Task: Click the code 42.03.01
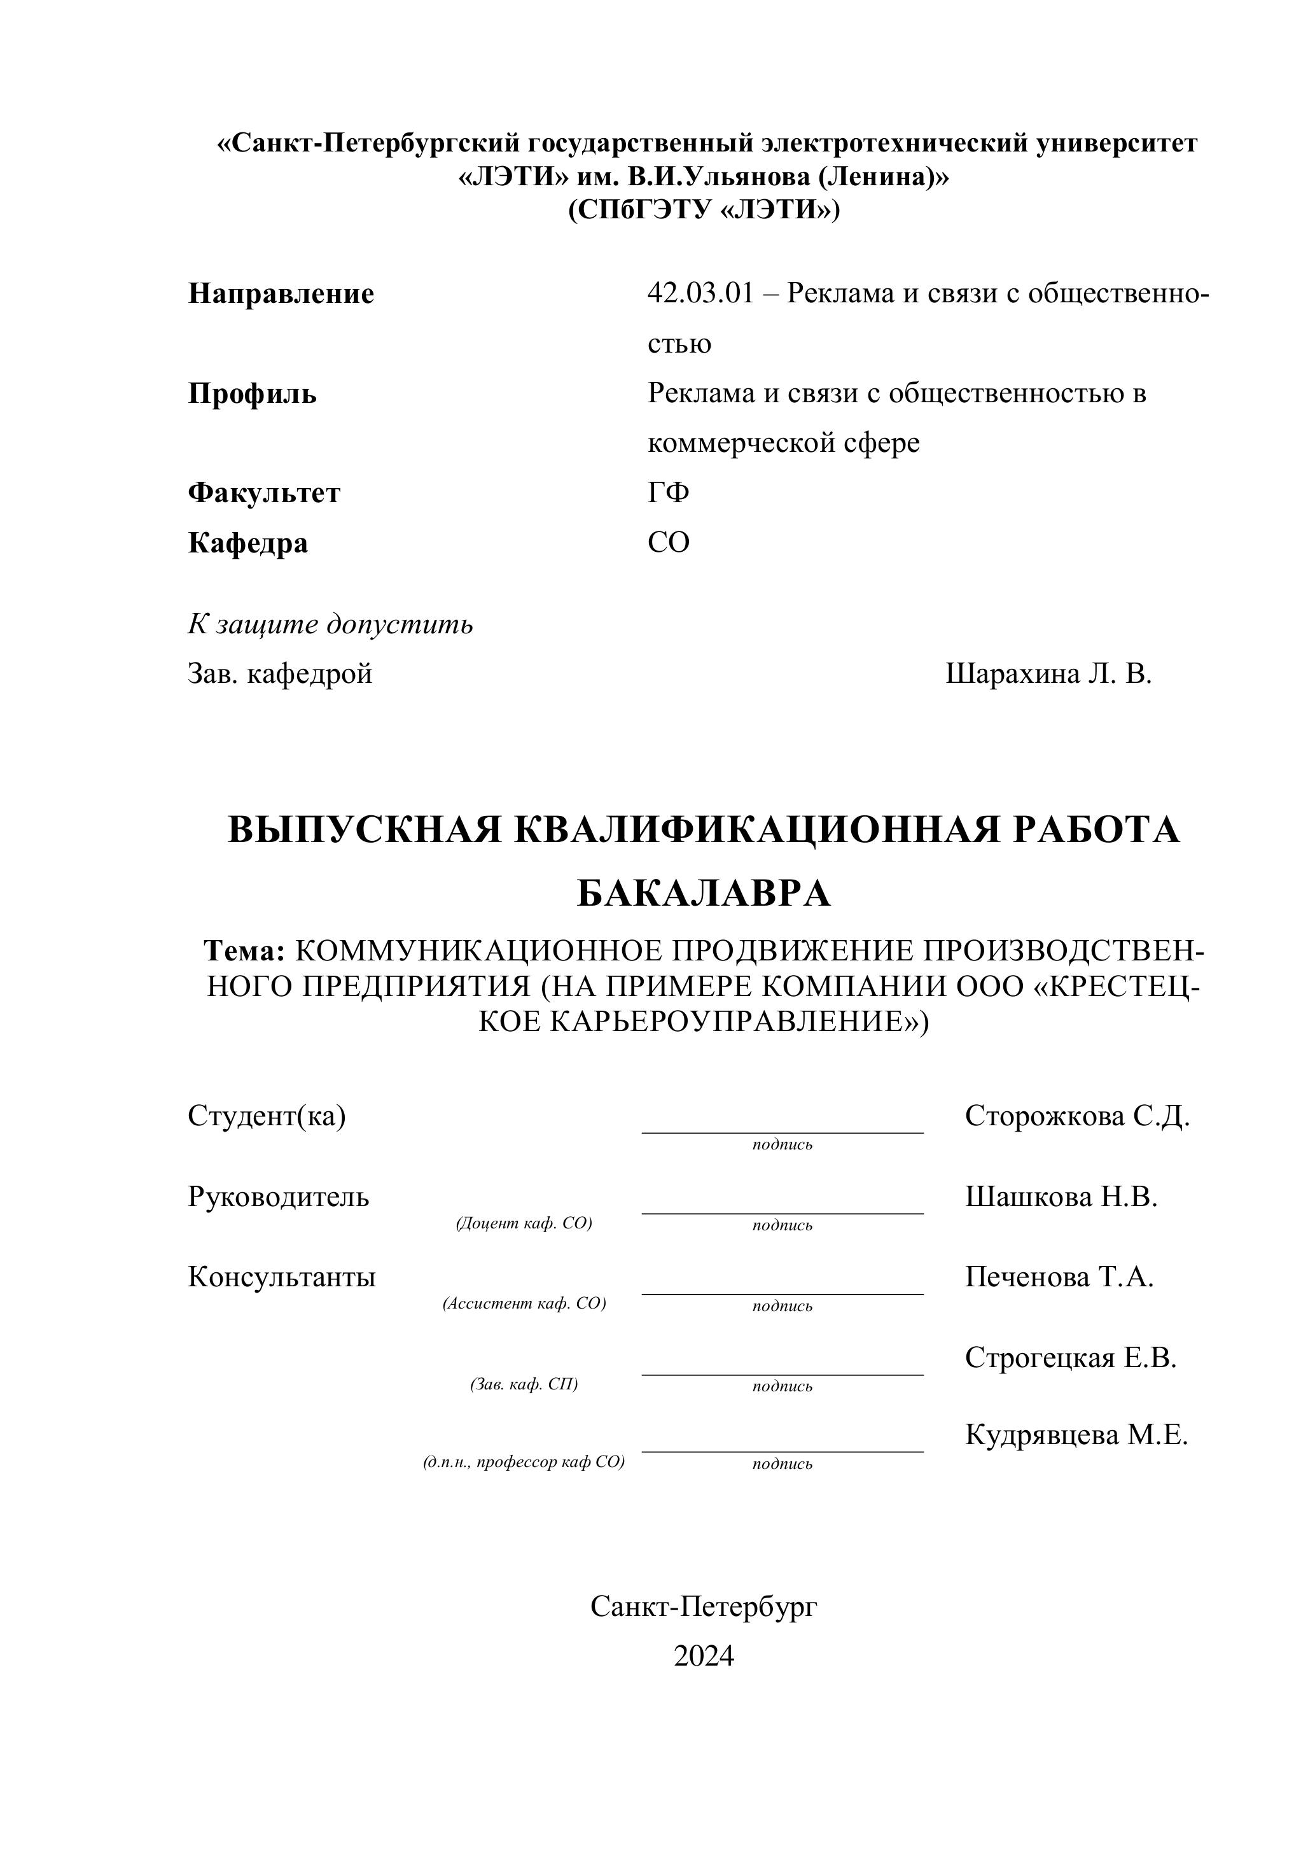[x=700, y=293]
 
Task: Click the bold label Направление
[x=281, y=293]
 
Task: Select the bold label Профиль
[x=252, y=394]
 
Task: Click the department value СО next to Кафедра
[x=669, y=543]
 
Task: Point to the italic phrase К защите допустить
[x=331, y=624]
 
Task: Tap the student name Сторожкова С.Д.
[x=1077, y=1116]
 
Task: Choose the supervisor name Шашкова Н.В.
[x=1061, y=1197]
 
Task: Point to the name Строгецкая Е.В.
[x=1070, y=1358]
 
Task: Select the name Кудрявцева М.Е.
[x=1076, y=1435]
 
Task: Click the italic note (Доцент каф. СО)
[x=524, y=1223]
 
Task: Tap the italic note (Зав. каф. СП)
[x=524, y=1384]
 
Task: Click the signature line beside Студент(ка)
[x=782, y=1132]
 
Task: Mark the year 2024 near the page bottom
[x=703, y=1656]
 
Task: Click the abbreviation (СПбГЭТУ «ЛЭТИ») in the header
[x=703, y=210]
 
